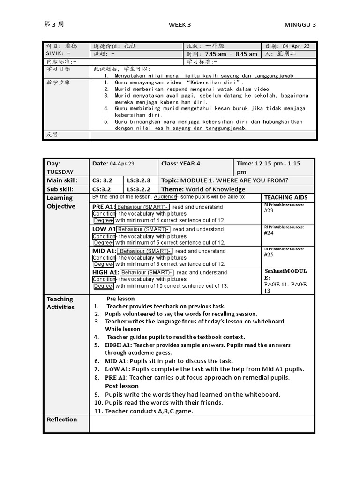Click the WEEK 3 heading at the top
pyautogui.click(x=180, y=25)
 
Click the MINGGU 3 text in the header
pyautogui.click(x=300, y=25)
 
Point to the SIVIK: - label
pyautogui.click(x=58, y=54)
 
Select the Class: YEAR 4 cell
pyautogui.click(x=180, y=164)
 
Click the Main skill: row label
pyautogui.click(x=62, y=180)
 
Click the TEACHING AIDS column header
pyautogui.click(x=285, y=197)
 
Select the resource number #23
pyautogui.click(x=269, y=210)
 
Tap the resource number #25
pyautogui.click(x=269, y=255)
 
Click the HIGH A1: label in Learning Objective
pyautogui.click(x=105, y=272)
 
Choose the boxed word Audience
pyautogui.click(x=165, y=197)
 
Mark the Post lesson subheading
pyautogui.click(x=122, y=386)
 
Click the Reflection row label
pyautogui.click(x=62, y=420)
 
